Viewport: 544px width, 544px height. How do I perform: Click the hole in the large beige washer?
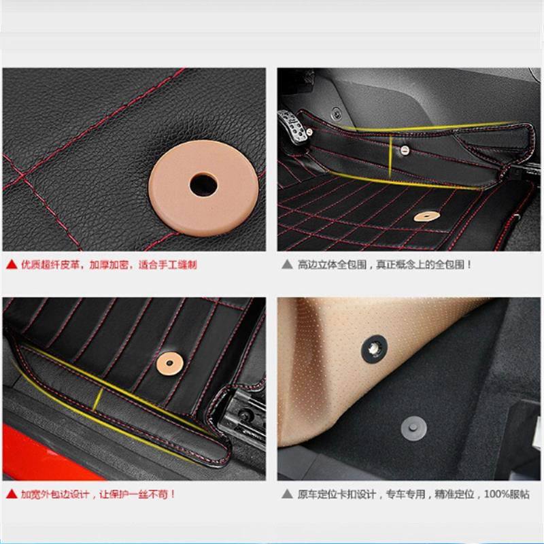click(x=203, y=185)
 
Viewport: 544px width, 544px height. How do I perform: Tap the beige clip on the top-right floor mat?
click(x=427, y=216)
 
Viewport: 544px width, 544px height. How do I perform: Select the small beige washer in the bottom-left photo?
click(x=169, y=364)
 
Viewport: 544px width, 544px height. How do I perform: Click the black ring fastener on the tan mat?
click(x=374, y=349)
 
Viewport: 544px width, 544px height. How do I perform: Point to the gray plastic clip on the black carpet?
click(x=413, y=428)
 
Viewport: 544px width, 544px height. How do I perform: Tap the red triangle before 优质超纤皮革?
click(x=12, y=265)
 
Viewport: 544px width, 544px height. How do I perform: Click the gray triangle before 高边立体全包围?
click(x=287, y=265)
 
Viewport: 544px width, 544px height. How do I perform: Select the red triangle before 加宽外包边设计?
click(x=12, y=494)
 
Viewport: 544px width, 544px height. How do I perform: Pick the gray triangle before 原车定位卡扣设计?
click(x=287, y=494)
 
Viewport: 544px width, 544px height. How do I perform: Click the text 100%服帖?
click(x=507, y=494)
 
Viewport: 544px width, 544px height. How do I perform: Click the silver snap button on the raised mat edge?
click(x=405, y=150)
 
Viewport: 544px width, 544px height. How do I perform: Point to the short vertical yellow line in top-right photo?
click(x=390, y=156)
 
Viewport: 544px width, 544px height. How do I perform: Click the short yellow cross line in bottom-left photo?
click(x=99, y=399)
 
